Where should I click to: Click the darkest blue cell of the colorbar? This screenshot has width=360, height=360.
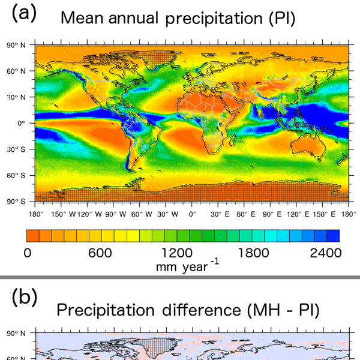click(x=334, y=235)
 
